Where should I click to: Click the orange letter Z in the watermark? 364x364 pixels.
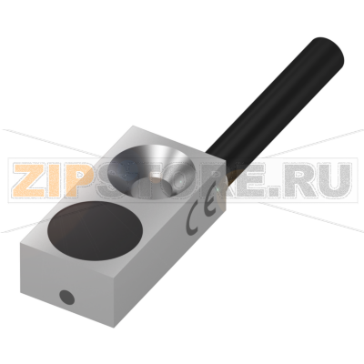[30, 179]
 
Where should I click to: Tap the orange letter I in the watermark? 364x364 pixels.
[62, 179]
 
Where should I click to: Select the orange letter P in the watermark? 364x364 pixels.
[89, 179]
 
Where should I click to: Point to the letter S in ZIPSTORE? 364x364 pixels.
[127, 179]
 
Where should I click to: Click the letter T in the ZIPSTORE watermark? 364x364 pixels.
[163, 179]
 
